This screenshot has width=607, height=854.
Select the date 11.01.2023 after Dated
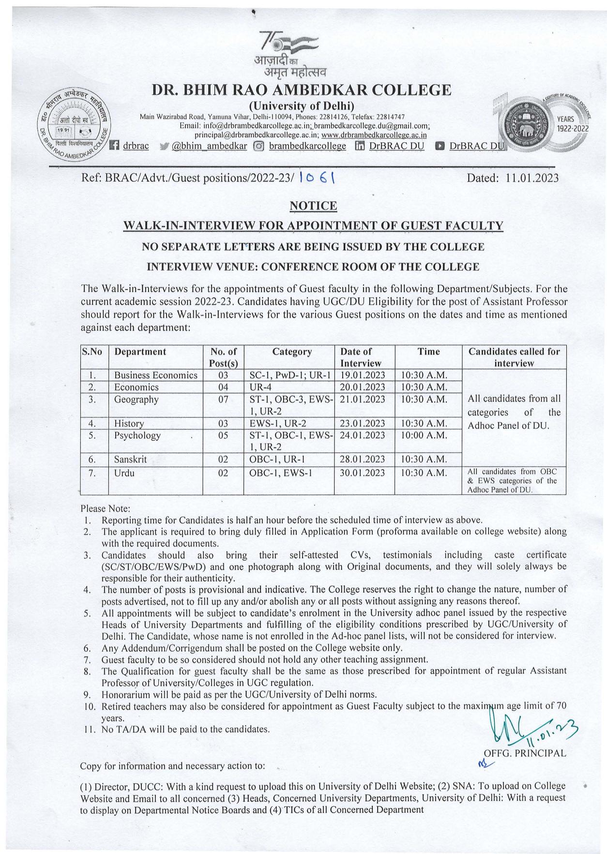coord(531,178)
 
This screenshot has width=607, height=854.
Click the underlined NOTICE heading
coord(313,206)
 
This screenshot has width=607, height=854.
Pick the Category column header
coord(292,352)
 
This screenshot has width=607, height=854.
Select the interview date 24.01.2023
coord(362,435)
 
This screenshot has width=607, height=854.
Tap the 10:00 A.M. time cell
coord(424,435)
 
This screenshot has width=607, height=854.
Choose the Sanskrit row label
coord(130,459)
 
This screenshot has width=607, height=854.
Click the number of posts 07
coord(223,399)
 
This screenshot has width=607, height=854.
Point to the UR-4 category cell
coord(260,387)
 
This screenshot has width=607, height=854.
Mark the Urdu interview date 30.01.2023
coord(362,473)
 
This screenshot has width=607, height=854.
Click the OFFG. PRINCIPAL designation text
coord(525,753)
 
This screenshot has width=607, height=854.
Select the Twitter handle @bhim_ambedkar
coord(210,146)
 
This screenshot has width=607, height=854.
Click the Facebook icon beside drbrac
coord(115,146)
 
